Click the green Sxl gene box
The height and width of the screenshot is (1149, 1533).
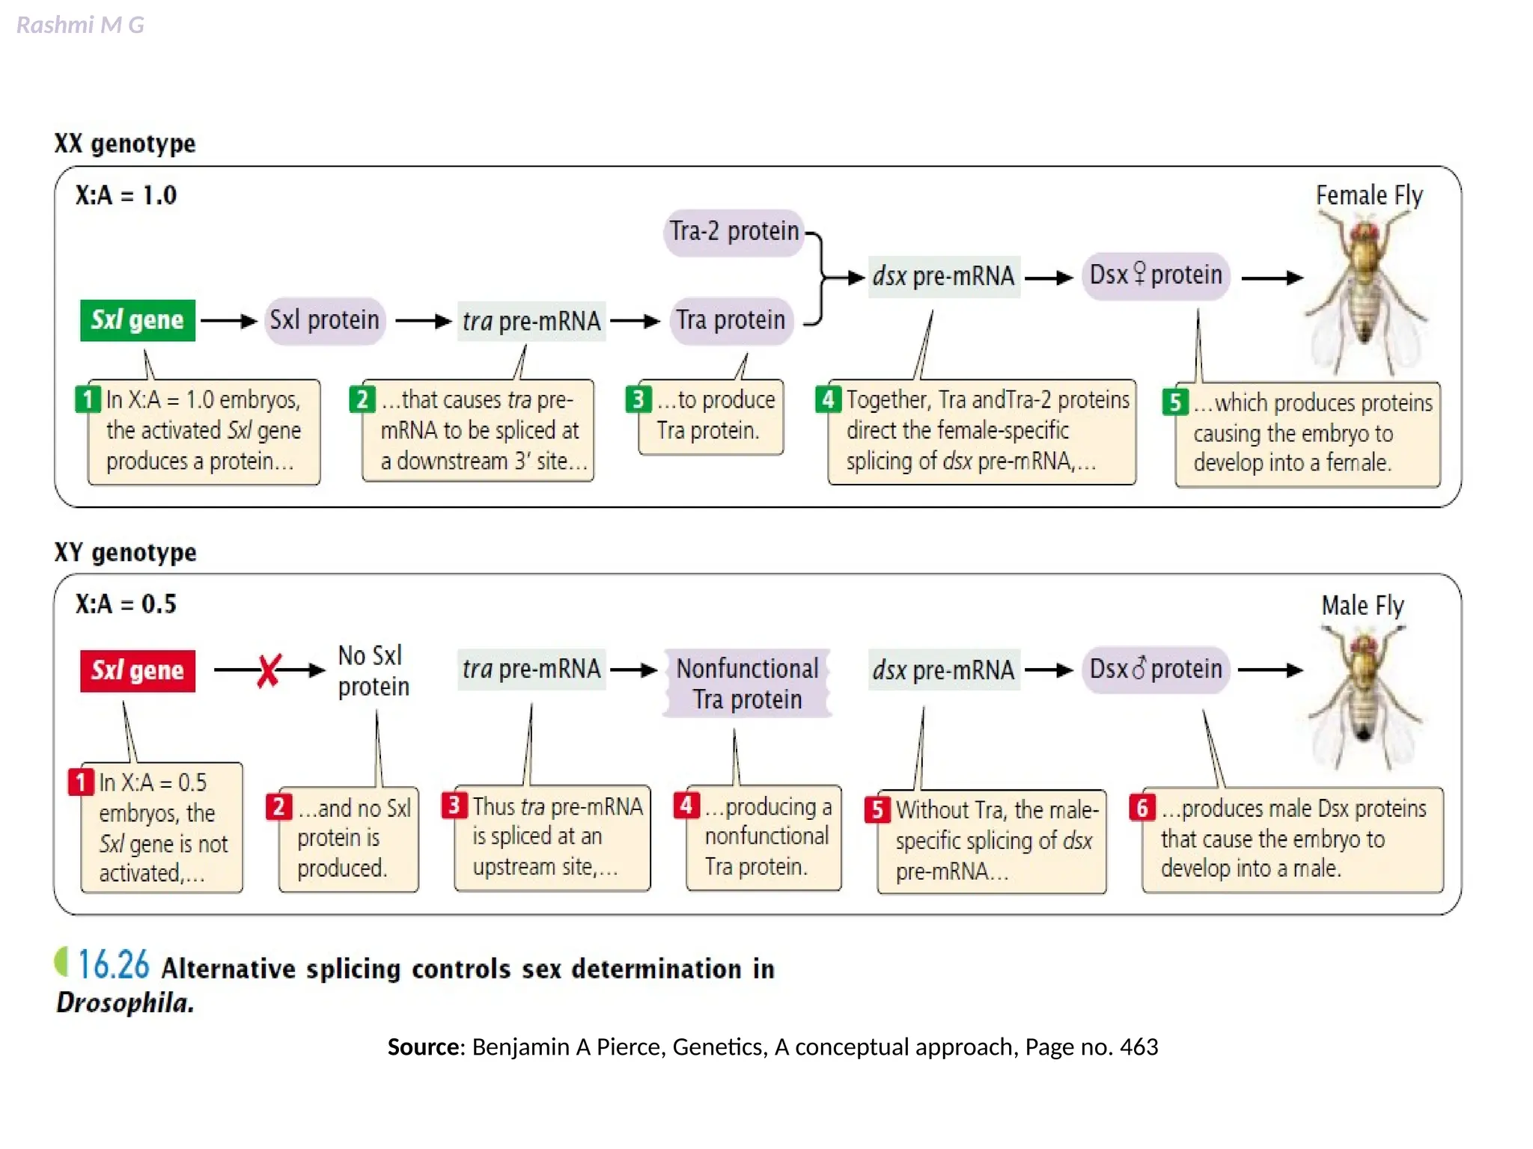[138, 320]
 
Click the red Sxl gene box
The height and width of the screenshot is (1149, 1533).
[138, 670]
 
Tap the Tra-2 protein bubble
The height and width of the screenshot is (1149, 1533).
[734, 232]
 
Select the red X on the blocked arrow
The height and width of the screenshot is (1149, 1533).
[268, 670]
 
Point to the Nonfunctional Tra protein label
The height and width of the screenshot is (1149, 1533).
[747, 683]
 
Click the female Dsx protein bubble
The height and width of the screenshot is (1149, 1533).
[1155, 275]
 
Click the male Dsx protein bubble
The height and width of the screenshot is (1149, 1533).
[1155, 669]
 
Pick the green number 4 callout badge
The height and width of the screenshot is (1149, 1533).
[827, 399]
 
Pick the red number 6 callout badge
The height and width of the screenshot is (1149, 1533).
[1142, 807]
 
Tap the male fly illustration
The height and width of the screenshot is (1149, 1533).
[1365, 696]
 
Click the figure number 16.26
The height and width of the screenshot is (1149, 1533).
[114, 965]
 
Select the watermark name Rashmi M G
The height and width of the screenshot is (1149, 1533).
[80, 25]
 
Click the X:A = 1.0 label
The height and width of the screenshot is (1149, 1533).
[126, 195]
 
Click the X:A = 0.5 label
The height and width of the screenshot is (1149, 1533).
[126, 604]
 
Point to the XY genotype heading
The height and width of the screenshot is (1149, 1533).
[125, 552]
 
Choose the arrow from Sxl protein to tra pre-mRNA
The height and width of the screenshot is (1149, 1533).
[423, 322]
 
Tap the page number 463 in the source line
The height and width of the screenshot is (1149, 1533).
[1139, 1047]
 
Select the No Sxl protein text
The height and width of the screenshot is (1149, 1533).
[373, 671]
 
